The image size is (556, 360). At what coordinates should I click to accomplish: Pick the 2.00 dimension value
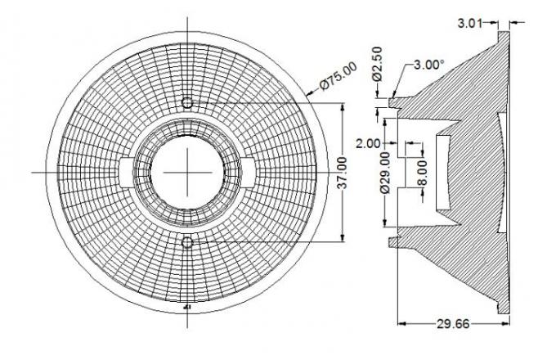368,142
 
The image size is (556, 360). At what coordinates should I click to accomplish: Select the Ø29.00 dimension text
386,181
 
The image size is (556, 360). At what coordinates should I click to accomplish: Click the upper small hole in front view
188,102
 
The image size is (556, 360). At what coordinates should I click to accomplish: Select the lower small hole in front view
188,242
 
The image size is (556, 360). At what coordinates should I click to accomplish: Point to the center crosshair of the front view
188,173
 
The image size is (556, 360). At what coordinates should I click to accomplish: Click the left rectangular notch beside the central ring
126,173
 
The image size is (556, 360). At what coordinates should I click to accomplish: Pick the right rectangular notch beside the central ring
250,173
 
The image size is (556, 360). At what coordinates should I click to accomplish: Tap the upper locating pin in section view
395,101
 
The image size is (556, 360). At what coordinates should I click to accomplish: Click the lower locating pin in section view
395,242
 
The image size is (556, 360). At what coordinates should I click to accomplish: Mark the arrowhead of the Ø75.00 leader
310,95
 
